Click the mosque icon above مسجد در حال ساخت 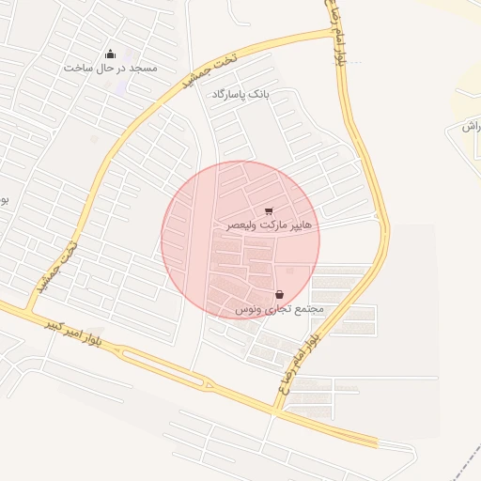(x=111, y=54)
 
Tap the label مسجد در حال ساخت (x=111, y=69)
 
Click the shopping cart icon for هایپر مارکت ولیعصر (x=270, y=211)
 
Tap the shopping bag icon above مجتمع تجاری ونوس (x=280, y=294)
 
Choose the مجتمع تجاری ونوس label (x=279, y=309)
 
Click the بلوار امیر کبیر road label (x=70, y=330)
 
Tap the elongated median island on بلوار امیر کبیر (x=164, y=367)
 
